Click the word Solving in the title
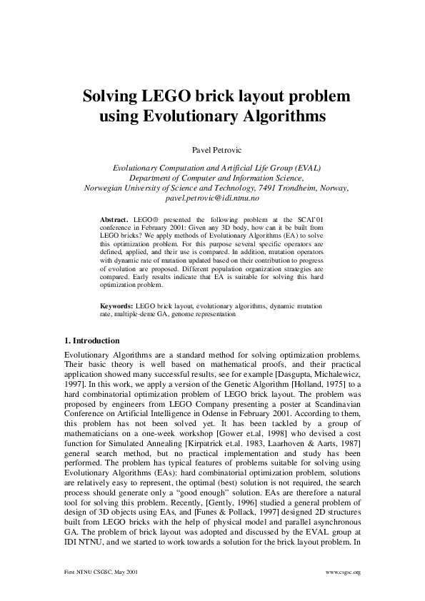[x=112, y=95]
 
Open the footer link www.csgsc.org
[x=343, y=572]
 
